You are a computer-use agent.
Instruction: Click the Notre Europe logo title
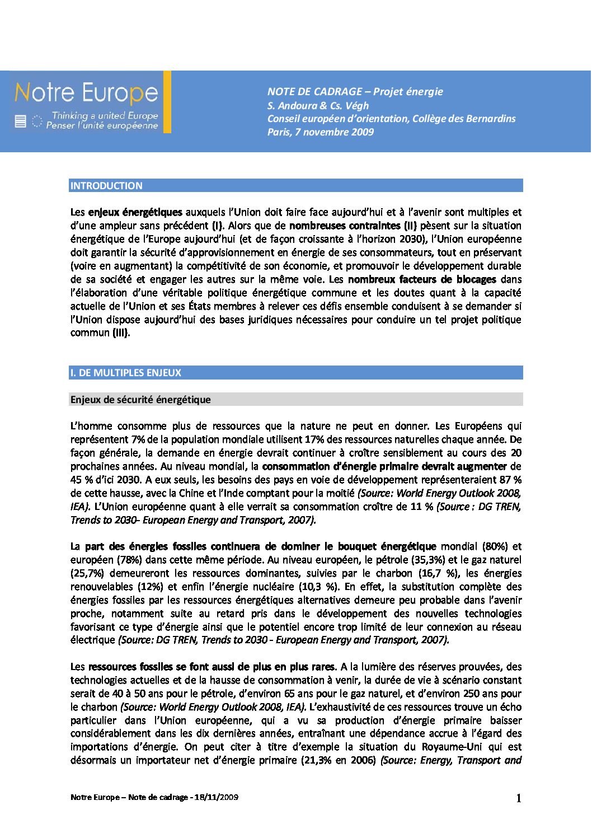tap(86, 92)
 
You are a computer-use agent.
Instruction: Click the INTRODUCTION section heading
tap(106, 186)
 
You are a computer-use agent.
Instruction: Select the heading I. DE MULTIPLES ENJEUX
tap(126, 373)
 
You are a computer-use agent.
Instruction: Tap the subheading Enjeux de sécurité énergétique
tap(140, 400)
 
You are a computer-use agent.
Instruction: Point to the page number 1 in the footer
tap(518, 798)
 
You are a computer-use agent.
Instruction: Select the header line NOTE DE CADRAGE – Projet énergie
tap(355, 92)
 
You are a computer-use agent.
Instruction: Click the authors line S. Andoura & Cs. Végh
tap(318, 105)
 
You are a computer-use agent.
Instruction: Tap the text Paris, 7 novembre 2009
tap(320, 132)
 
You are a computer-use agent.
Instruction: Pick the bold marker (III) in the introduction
tap(121, 333)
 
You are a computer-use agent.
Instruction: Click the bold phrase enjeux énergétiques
tap(135, 212)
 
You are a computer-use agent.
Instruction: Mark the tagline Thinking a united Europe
tap(105, 116)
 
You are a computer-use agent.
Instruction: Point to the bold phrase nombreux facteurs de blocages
tap(422, 279)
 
